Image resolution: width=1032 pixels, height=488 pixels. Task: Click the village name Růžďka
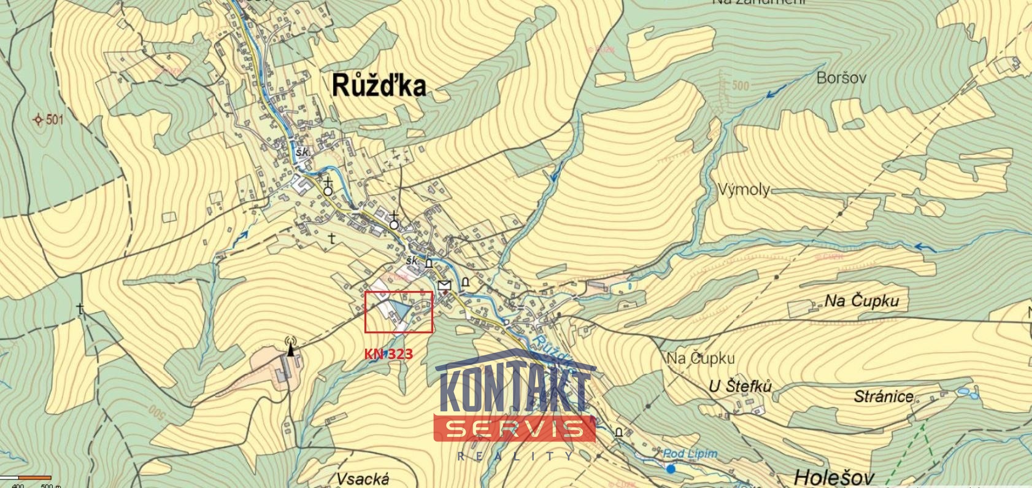[x=379, y=86]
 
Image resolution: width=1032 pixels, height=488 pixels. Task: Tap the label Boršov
[x=841, y=78]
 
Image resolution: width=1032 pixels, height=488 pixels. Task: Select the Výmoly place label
[x=743, y=189]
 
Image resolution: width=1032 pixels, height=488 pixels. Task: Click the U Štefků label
[x=739, y=386]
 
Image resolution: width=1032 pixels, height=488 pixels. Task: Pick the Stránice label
[x=884, y=397]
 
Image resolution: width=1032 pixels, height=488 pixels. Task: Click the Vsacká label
[x=363, y=478]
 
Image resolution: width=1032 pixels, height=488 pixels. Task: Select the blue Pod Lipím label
[x=690, y=454]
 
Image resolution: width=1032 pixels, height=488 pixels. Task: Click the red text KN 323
[x=388, y=354]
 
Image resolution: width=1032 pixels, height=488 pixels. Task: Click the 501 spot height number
[x=54, y=120]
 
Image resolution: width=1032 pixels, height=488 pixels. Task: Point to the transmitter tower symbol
[x=290, y=346]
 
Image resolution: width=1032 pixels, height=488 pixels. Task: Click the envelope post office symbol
[x=445, y=285]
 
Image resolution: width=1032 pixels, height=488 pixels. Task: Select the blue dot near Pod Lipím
[x=671, y=469]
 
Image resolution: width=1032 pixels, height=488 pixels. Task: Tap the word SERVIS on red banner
[x=514, y=428]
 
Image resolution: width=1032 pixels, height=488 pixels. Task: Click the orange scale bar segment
[x=35, y=478]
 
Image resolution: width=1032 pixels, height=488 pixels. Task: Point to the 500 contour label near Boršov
[x=740, y=85]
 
